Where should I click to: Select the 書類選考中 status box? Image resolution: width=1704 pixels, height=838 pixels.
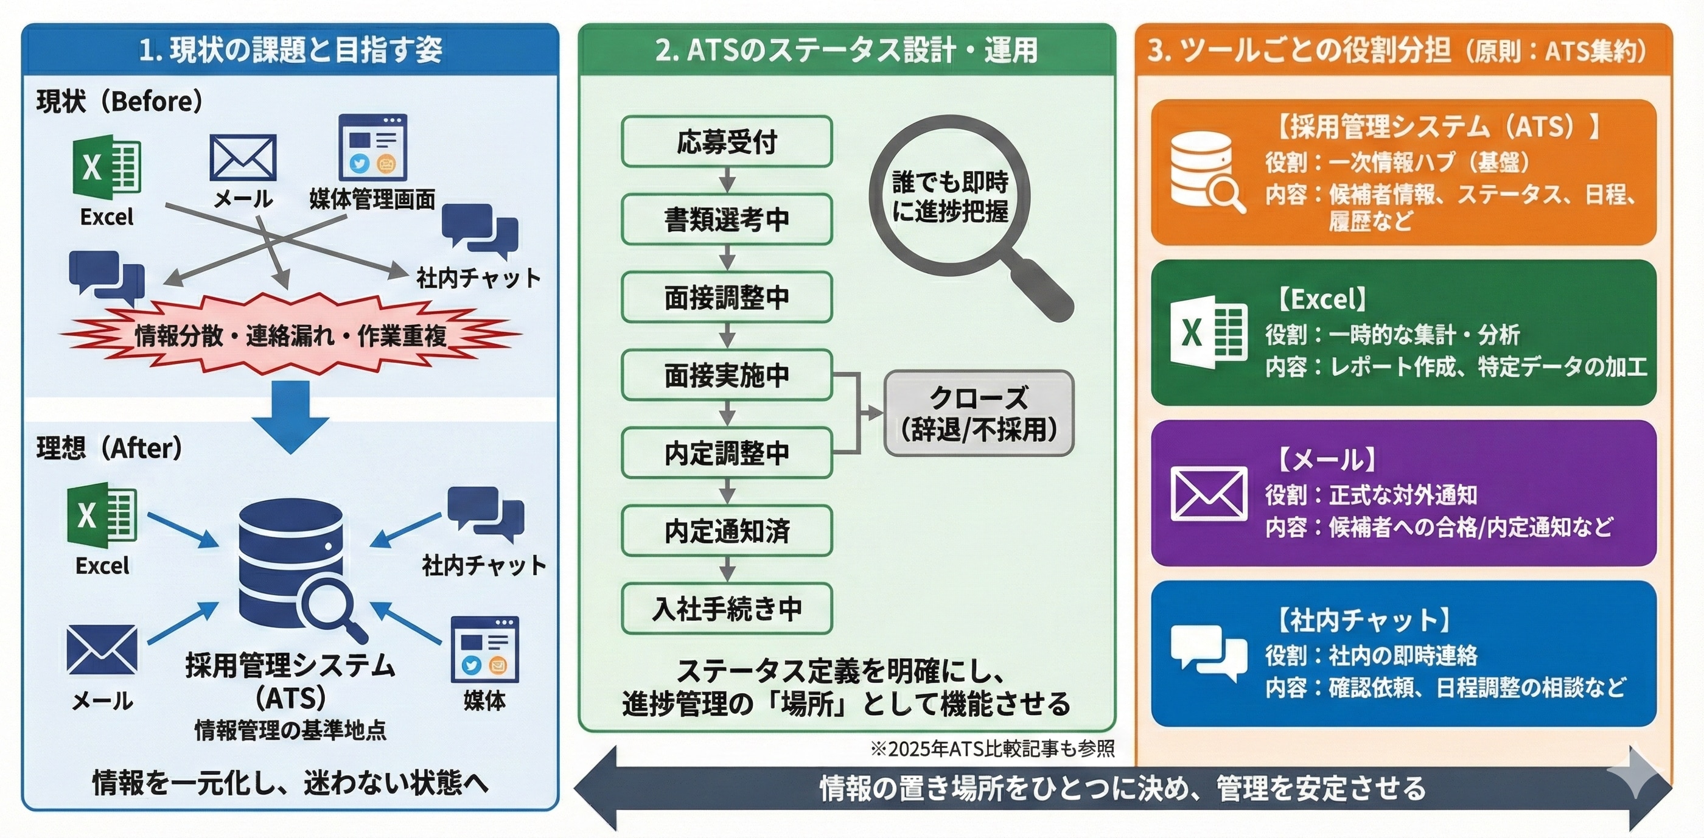(x=726, y=219)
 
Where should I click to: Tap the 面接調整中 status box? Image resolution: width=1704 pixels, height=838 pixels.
(x=726, y=297)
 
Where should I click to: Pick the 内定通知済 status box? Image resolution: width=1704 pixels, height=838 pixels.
(x=726, y=531)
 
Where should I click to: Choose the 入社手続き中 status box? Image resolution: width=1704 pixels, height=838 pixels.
(x=726, y=609)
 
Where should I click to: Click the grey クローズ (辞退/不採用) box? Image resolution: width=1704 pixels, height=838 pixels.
(x=979, y=413)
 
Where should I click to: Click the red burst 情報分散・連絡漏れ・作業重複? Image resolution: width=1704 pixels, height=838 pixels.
(x=290, y=335)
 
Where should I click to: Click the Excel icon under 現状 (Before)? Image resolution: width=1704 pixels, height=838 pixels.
(x=106, y=167)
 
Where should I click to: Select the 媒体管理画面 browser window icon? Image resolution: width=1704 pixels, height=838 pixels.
(x=372, y=147)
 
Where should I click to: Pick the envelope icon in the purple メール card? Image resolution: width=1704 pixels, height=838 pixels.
(x=1209, y=494)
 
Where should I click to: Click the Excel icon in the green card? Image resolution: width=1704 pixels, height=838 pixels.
(x=1209, y=332)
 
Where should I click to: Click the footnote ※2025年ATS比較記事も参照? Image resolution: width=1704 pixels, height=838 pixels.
(x=991, y=749)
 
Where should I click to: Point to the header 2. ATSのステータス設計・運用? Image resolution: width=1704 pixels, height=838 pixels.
(x=846, y=51)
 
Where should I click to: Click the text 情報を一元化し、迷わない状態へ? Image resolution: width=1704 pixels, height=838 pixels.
(x=290, y=784)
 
